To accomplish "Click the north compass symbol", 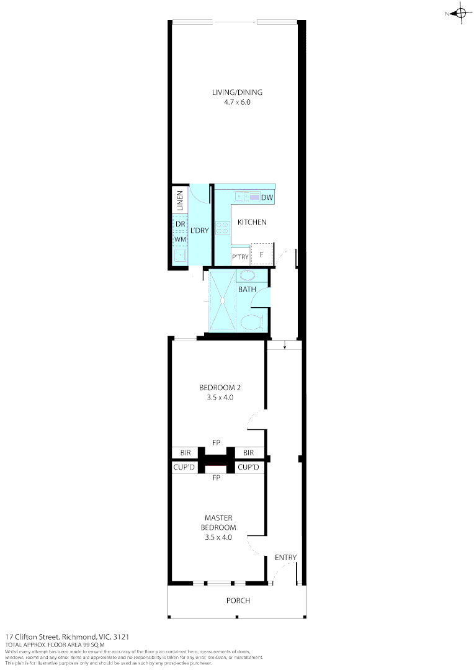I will pos(460,14).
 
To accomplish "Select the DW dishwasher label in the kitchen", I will pos(267,198).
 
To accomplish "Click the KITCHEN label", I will pos(252,222).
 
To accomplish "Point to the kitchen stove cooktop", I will pos(223,228).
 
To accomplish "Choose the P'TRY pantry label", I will pos(240,257).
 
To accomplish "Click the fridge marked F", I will pos(262,254).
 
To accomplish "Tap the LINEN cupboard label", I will pos(180,200).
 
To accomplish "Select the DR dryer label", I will pos(180,224).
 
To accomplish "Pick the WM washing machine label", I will pos(180,239).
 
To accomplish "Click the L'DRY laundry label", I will pos(200,231).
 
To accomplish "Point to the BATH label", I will pos(247,290).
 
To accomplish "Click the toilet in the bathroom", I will pos(251,321).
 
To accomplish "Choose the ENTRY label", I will pos(285,557).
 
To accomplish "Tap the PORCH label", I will pos(238,601).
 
